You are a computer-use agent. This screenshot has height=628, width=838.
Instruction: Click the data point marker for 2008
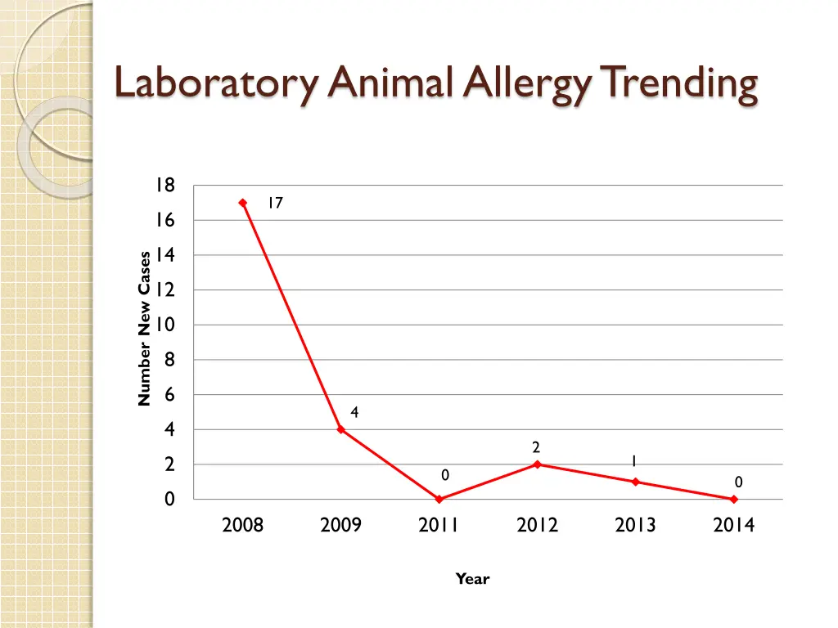point(243,203)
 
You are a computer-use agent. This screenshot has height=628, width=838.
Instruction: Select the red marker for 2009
point(341,429)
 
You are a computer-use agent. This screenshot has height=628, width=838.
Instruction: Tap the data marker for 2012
point(538,464)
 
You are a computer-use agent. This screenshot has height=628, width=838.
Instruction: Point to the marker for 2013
point(636,482)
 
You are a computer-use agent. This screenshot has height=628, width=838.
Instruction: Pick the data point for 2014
point(734,499)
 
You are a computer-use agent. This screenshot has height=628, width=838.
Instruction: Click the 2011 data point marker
point(439,499)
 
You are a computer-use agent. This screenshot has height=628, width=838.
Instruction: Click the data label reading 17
point(275,204)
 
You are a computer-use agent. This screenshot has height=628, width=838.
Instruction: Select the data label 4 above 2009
point(354,413)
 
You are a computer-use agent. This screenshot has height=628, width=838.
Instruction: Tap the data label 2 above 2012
point(536,447)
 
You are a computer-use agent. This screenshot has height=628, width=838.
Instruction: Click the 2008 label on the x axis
point(243,525)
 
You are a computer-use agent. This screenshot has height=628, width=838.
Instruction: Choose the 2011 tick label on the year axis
point(439,525)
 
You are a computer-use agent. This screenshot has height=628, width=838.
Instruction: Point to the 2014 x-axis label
point(734,525)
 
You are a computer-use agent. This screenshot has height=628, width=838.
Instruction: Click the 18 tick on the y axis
point(165,186)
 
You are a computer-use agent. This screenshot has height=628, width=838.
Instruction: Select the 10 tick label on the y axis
point(165,325)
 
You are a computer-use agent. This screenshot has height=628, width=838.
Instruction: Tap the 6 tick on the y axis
point(169,395)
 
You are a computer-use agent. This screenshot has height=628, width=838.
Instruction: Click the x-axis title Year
point(472,579)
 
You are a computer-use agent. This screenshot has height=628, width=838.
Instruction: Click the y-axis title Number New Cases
point(145,328)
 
